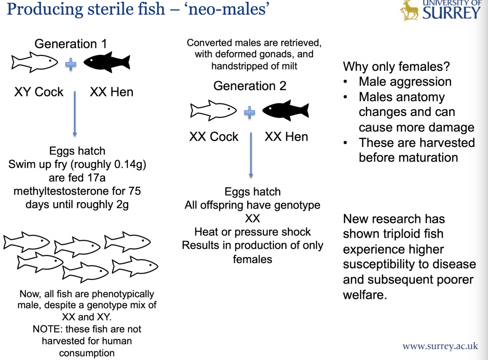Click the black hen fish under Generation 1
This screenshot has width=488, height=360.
(x=107, y=62)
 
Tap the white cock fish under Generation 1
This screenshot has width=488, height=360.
(x=34, y=62)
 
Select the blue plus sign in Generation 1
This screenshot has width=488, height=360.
(x=71, y=64)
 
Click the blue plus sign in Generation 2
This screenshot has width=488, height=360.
(x=249, y=113)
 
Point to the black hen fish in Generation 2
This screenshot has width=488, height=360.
(x=286, y=110)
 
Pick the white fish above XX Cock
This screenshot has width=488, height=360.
(x=213, y=110)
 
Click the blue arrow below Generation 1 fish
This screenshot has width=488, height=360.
(x=75, y=113)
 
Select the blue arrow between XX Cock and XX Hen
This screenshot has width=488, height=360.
(x=251, y=155)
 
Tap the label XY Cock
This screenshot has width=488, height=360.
(x=39, y=92)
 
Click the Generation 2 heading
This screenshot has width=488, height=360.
(x=249, y=86)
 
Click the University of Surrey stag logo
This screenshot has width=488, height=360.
(x=409, y=10)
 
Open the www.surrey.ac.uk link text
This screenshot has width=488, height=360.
(x=440, y=346)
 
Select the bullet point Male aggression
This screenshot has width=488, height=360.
(x=405, y=82)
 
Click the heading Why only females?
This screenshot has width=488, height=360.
(x=396, y=67)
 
